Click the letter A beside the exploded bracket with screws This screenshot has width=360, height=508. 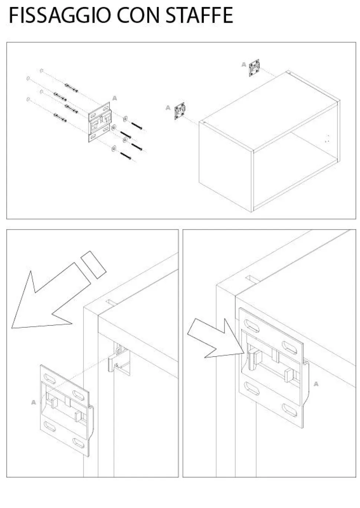[x=115, y=98]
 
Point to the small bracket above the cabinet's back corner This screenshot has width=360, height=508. [x=254, y=68]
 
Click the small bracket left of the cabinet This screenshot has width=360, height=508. [x=180, y=111]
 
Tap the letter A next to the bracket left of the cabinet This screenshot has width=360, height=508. [x=168, y=108]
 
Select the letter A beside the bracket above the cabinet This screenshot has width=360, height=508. [x=244, y=65]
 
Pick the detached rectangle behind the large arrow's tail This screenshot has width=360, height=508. [x=94, y=265]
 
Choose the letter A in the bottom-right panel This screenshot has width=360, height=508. [x=316, y=384]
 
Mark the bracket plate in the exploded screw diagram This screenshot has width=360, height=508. [x=100, y=122]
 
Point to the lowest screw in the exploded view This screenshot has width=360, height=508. [x=126, y=156]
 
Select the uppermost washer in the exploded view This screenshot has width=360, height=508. [x=125, y=118]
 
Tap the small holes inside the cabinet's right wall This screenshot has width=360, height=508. [x=327, y=138]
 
